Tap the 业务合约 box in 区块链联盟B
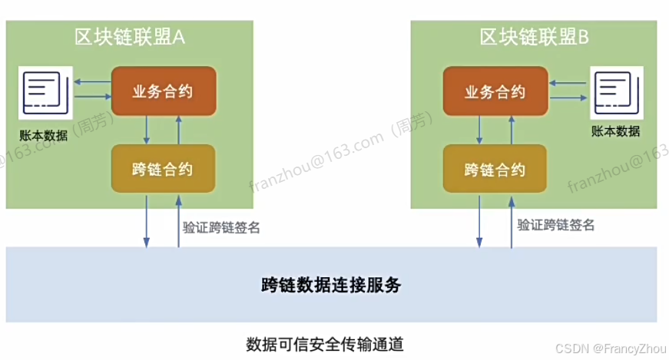point(495,91)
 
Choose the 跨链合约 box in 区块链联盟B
point(495,169)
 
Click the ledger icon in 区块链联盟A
point(46,94)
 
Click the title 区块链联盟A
point(131,37)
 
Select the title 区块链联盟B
point(534,37)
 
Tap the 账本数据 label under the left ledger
point(44,135)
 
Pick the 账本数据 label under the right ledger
point(616,130)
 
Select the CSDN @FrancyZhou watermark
point(611,349)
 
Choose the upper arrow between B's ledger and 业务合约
point(570,82)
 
